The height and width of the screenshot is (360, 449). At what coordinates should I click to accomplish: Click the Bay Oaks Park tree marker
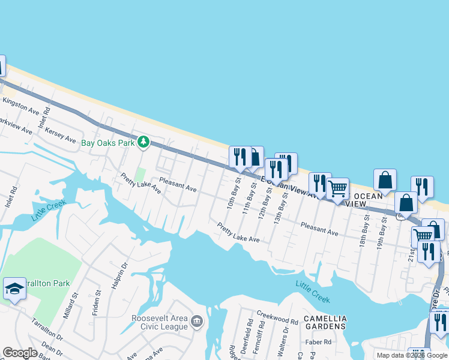143,142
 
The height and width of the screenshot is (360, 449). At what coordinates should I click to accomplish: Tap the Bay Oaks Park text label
107,143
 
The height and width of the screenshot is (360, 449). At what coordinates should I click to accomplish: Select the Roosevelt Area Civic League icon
196,322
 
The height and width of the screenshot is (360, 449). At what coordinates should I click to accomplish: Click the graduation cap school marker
14,289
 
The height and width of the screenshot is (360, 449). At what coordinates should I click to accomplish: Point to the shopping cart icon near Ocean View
337,189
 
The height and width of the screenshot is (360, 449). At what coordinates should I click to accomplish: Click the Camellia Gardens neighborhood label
325,322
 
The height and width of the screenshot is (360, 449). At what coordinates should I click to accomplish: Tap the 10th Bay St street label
233,191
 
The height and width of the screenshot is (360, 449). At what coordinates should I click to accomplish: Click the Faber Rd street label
319,341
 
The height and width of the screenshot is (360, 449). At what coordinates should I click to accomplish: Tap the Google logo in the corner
20,353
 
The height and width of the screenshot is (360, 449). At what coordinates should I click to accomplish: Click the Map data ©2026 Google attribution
412,355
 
